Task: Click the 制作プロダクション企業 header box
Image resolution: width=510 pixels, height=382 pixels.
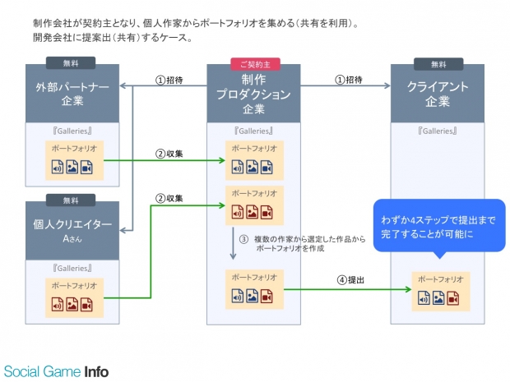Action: tap(253, 95)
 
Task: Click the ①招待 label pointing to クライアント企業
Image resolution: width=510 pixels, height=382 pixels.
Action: tap(349, 80)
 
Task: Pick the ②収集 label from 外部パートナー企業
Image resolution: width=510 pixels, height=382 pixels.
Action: tap(169, 154)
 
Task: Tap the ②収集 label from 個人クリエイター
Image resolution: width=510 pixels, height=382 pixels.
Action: tap(169, 198)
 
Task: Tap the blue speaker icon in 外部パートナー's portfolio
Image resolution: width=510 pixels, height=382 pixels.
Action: tap(58, 168)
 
